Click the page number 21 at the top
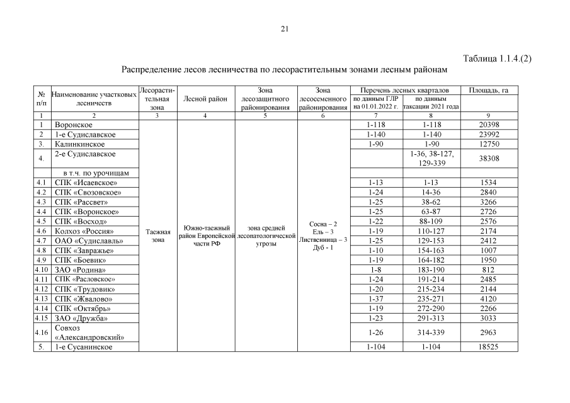click(x=285, y=29)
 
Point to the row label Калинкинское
click(x=79, y=144)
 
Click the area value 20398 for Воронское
click(x=489, y=125)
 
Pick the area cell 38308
click(x=489, y=159)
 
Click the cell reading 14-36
click(x=431, y=192)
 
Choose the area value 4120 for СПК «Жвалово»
click(x=489, y=298)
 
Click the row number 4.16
click(x=41, y=332)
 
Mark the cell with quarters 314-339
click(x=431, y=332)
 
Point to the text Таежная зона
click(x=157, y=236)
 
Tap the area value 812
click(x=489, y=270)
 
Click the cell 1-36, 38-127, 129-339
click(x=431, y=159)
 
